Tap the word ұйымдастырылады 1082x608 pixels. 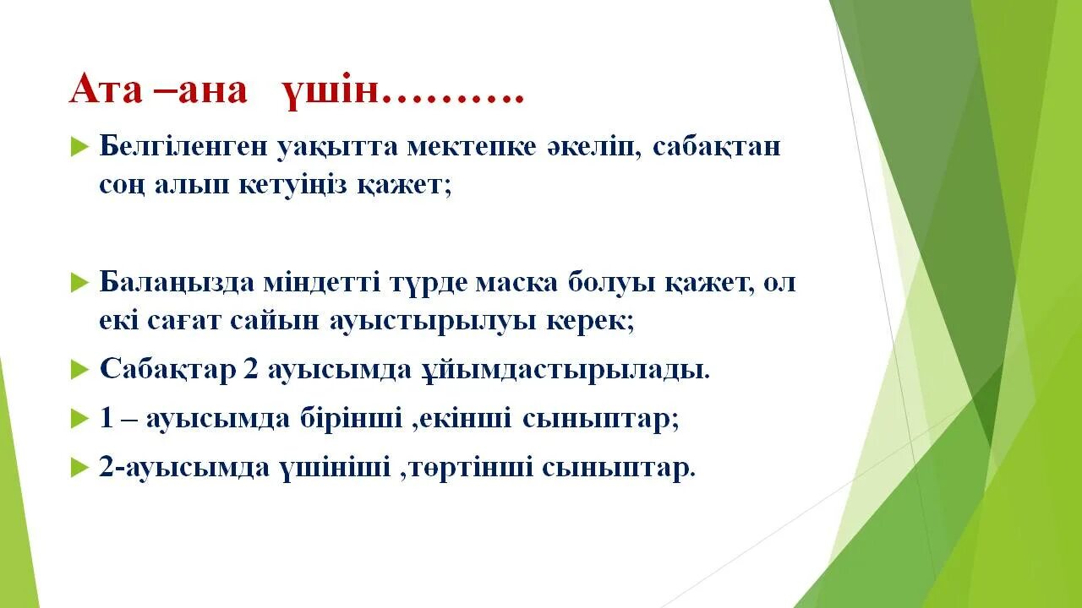[565, 371]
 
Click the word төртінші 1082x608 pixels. [466, 466]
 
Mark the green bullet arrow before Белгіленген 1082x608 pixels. [79, 147]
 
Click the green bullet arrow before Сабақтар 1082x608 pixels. [79, 369]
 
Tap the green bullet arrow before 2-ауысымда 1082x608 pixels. [79, 466]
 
